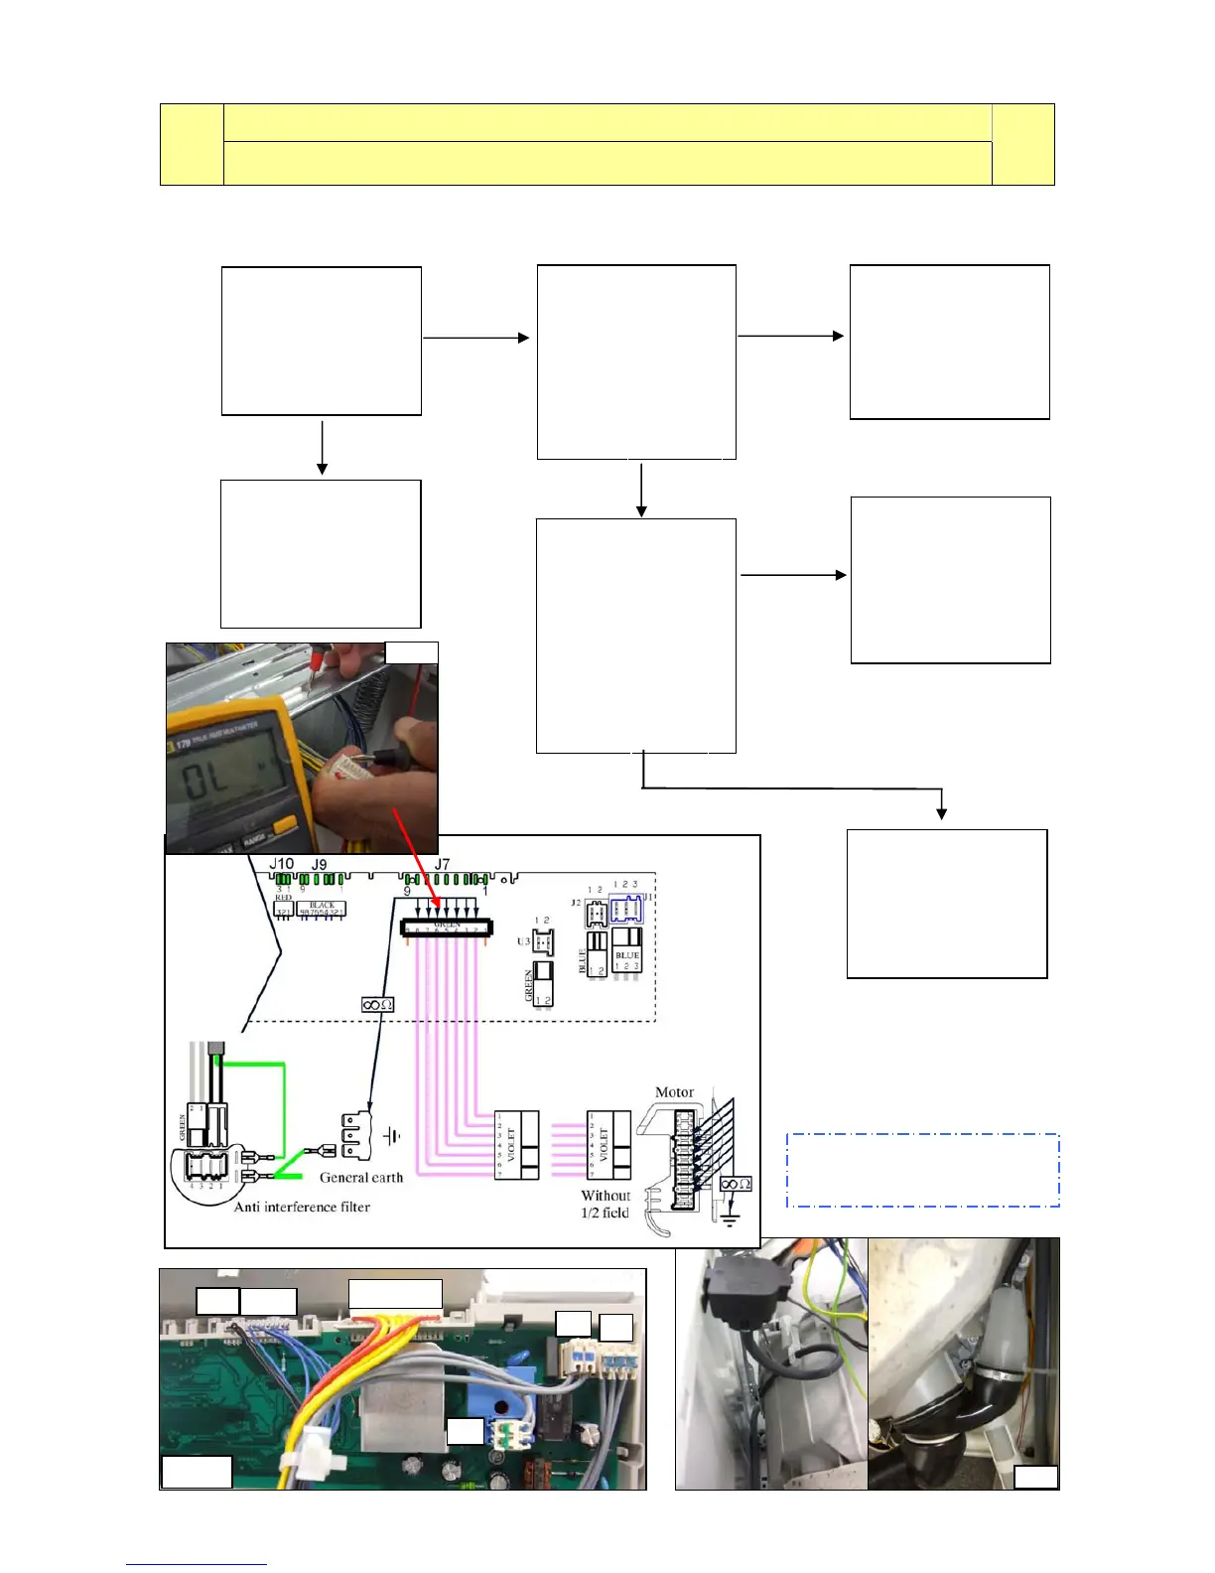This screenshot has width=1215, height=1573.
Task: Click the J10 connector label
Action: coord(282,864)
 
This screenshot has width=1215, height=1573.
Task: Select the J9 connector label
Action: coord(319,865)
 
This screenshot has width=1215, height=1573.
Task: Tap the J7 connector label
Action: coord(442,864)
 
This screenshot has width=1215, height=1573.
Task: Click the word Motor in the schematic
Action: coord(675,1092)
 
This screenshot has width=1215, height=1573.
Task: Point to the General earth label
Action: coord(361,1178)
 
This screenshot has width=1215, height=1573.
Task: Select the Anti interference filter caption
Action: coord(302,1208)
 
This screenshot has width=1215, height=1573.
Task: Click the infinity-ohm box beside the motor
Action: coord(736,1184)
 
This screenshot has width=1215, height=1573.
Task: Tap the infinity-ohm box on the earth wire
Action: coord(377,1005)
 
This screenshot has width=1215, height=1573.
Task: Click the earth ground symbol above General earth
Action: coord(393,1136)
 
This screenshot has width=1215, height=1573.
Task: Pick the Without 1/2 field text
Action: coord(606,1204)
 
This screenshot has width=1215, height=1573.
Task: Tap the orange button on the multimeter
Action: coord(283,825)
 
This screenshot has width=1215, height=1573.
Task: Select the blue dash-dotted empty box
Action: coord(923,1170)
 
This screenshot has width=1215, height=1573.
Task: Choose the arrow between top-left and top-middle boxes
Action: coord(476,338)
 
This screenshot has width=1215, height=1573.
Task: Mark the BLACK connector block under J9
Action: coord(322,909)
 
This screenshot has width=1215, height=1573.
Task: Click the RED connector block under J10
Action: coord(284,908)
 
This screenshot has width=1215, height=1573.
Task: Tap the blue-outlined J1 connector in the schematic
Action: coord(625,909)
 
